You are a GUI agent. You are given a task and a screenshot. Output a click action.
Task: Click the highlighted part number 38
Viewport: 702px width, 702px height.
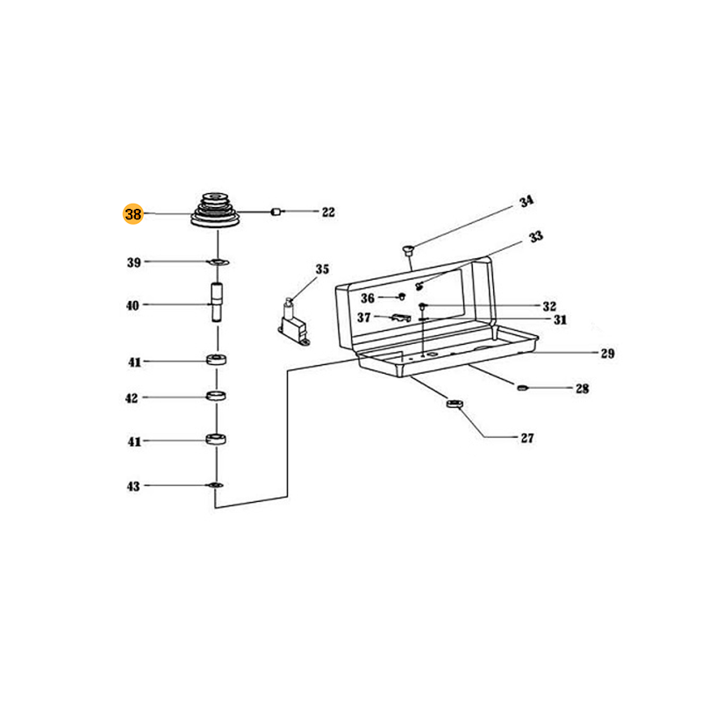(x=133, y=214)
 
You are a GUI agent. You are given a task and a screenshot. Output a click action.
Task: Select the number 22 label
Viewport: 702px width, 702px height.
(x=328, y=211)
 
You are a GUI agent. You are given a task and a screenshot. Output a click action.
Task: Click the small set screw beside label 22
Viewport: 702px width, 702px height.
(x=276, y=211)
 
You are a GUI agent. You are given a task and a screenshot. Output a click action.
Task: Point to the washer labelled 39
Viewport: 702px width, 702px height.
(x=218, y=261)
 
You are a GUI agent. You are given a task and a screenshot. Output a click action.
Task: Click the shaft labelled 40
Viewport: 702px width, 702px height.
(x=218, y=302)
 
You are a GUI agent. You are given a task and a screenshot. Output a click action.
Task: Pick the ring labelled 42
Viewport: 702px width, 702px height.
(x=216, y=396)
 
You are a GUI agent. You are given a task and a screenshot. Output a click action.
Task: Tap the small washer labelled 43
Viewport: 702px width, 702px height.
(x=215, y=485)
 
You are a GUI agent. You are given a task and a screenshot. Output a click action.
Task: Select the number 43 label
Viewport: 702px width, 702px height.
(x=133, y=486)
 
